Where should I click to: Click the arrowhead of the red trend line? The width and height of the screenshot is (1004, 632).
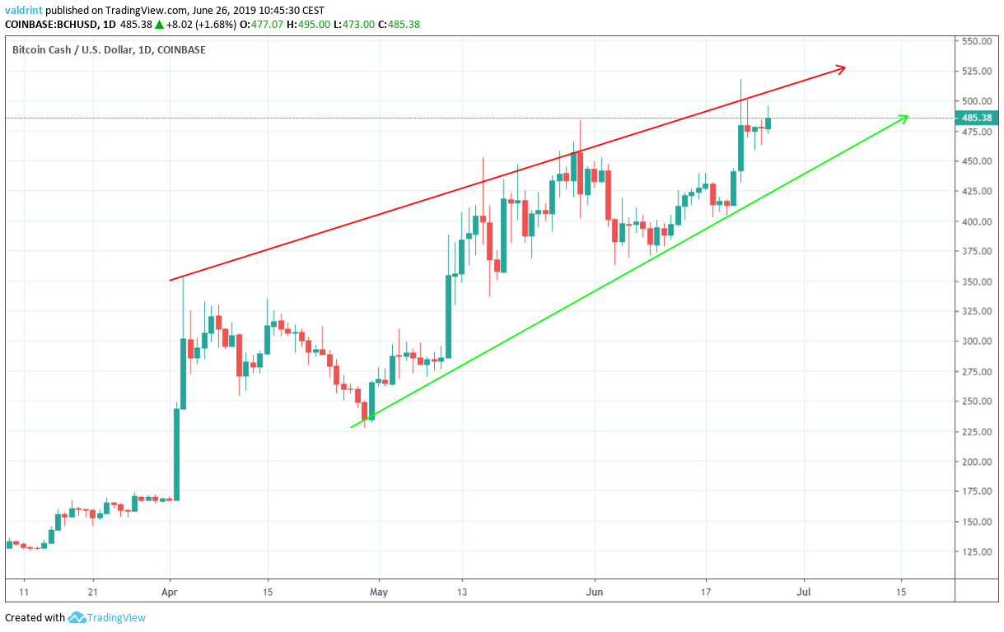point(843,69)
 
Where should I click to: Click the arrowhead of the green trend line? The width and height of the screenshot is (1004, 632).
point(904,118)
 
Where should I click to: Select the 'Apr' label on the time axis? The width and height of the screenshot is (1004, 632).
point(169,592)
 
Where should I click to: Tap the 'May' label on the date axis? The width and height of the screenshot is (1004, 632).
point(378,592)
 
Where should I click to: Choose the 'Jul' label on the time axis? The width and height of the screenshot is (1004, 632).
point(803,592)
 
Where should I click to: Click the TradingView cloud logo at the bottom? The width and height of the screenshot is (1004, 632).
point(77,617)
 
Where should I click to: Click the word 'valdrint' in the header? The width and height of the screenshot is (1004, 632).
point(25,11)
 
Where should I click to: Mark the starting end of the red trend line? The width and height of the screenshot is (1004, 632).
point(170,281)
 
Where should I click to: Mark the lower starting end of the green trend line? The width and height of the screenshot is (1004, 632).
point(353,426)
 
